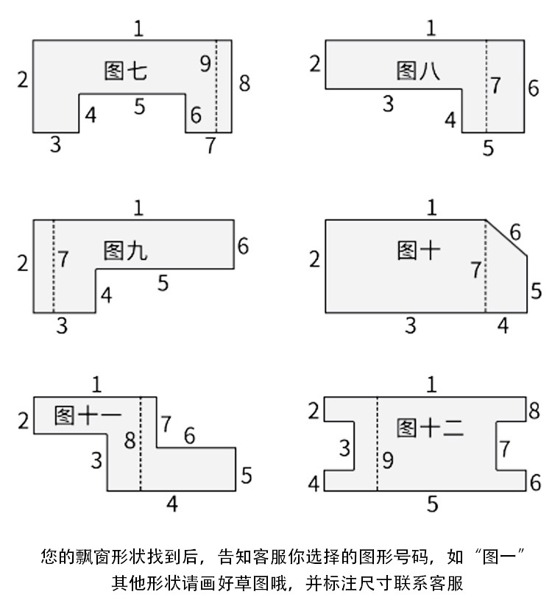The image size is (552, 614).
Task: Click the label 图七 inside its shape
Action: click(126, 71)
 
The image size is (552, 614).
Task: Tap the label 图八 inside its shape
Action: click(418, 71)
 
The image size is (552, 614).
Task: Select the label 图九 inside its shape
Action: click(125, 250)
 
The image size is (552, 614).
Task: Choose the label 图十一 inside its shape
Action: click(88, 416)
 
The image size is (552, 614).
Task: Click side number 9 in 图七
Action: click(205, 63)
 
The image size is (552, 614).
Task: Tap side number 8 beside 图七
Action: click(244, 82)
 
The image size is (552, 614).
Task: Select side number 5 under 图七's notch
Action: click(140, 107)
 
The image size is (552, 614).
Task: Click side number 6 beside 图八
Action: click(534, 88)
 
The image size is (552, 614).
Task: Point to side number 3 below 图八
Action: click(389, 104)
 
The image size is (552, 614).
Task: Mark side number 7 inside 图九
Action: click(64, 259)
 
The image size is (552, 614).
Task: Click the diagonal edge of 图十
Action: click(506, 238)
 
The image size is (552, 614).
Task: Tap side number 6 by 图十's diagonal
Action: click(515, 233)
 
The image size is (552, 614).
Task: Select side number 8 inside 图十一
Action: click(130, 441)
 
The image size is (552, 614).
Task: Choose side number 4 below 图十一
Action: click(171, 504)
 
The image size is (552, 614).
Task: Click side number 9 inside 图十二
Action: click(388, 462)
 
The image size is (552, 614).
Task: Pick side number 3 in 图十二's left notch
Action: click(344, 447)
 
